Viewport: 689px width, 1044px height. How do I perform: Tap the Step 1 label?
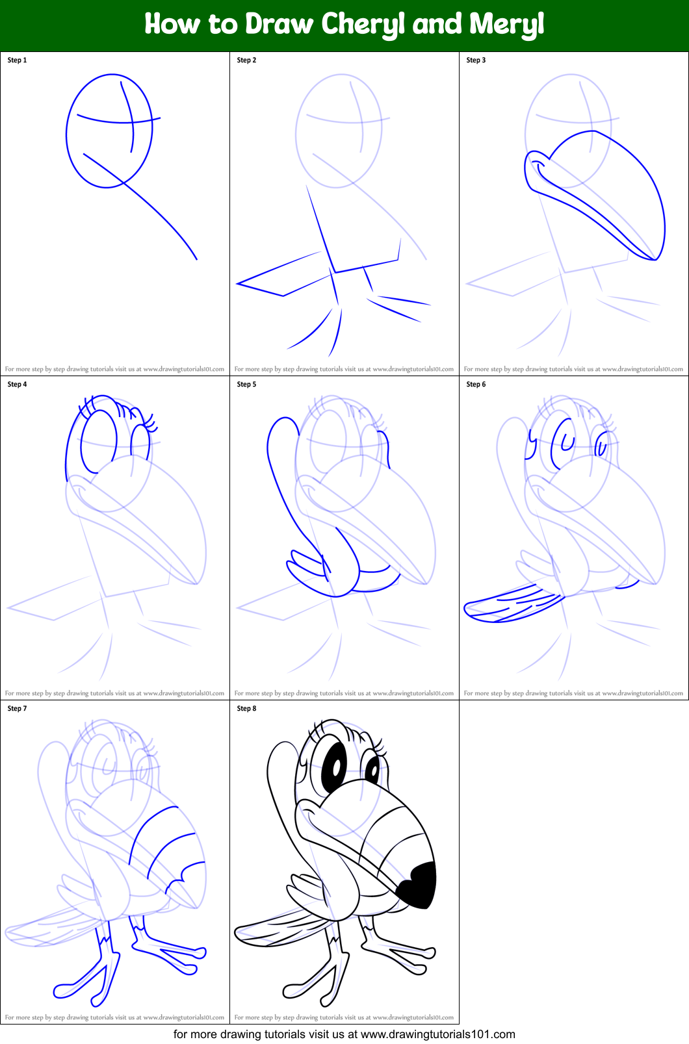pos(17,60)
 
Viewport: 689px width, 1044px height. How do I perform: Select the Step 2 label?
pos(246,60)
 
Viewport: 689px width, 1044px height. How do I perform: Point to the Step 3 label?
pos(476,60)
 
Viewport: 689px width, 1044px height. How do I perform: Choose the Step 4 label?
pos(17,385)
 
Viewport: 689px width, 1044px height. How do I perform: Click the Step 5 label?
pos(246,385)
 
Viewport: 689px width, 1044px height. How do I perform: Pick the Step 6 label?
pos(476,385)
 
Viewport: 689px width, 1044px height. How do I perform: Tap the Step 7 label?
pos(17,709)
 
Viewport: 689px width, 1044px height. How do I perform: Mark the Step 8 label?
pos(246,709)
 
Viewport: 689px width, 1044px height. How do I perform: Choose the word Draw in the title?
pos(279,25)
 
